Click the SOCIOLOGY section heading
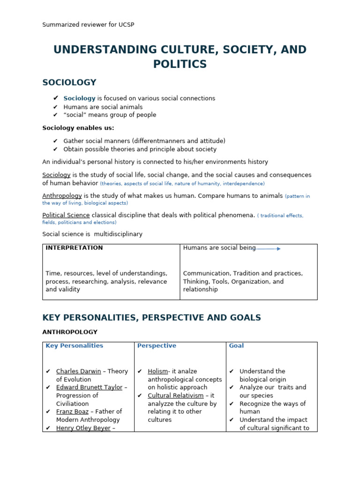coord(69,82)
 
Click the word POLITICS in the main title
coord(180,64)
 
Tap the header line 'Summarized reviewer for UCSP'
coord(88,24)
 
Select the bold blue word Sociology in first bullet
coord(79,98)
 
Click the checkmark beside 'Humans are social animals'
coord(55,107)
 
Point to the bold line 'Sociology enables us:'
coord(78,127)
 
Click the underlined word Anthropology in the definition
coord(62,195)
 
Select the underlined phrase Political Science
coord(66,215)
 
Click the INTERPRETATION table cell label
coord(74,248)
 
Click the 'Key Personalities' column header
coord(74,346)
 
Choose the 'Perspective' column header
coord(157,346)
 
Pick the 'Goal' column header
coord(236,346)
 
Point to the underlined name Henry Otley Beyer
coord(83,428)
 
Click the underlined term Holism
coord(157,371)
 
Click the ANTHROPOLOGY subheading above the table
coord(70,332)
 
